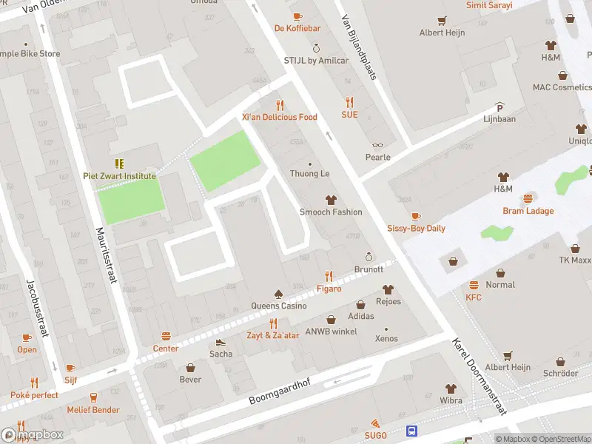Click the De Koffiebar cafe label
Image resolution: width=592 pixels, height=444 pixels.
click(x=297, y=28)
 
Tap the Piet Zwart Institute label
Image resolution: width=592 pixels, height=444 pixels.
click(x=119, y=176)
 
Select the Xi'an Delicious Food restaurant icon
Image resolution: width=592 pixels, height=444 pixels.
click(x=280, y=104)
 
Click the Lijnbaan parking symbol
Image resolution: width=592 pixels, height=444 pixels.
click(x=499, y=107)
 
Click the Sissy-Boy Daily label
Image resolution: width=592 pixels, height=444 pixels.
click(x=416, y=228)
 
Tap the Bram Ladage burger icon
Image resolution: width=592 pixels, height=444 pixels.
click(x=528, y=198)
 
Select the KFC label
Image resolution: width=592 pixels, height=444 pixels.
click(x=474, y=297)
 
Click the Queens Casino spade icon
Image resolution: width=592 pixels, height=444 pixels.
click(x=278, y=293)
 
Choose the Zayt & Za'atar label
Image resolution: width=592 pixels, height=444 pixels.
click(x=273, y=335)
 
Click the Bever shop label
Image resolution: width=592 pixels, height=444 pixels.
click(x=190, y=380)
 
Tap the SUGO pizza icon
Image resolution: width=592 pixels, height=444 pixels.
click(x=376, y=423)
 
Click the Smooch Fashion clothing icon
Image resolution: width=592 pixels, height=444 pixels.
click(x=330, y=200)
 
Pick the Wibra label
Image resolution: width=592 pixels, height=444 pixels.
click(x=451, y=400)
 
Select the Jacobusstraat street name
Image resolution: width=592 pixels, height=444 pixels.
click(x=37, y=307)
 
